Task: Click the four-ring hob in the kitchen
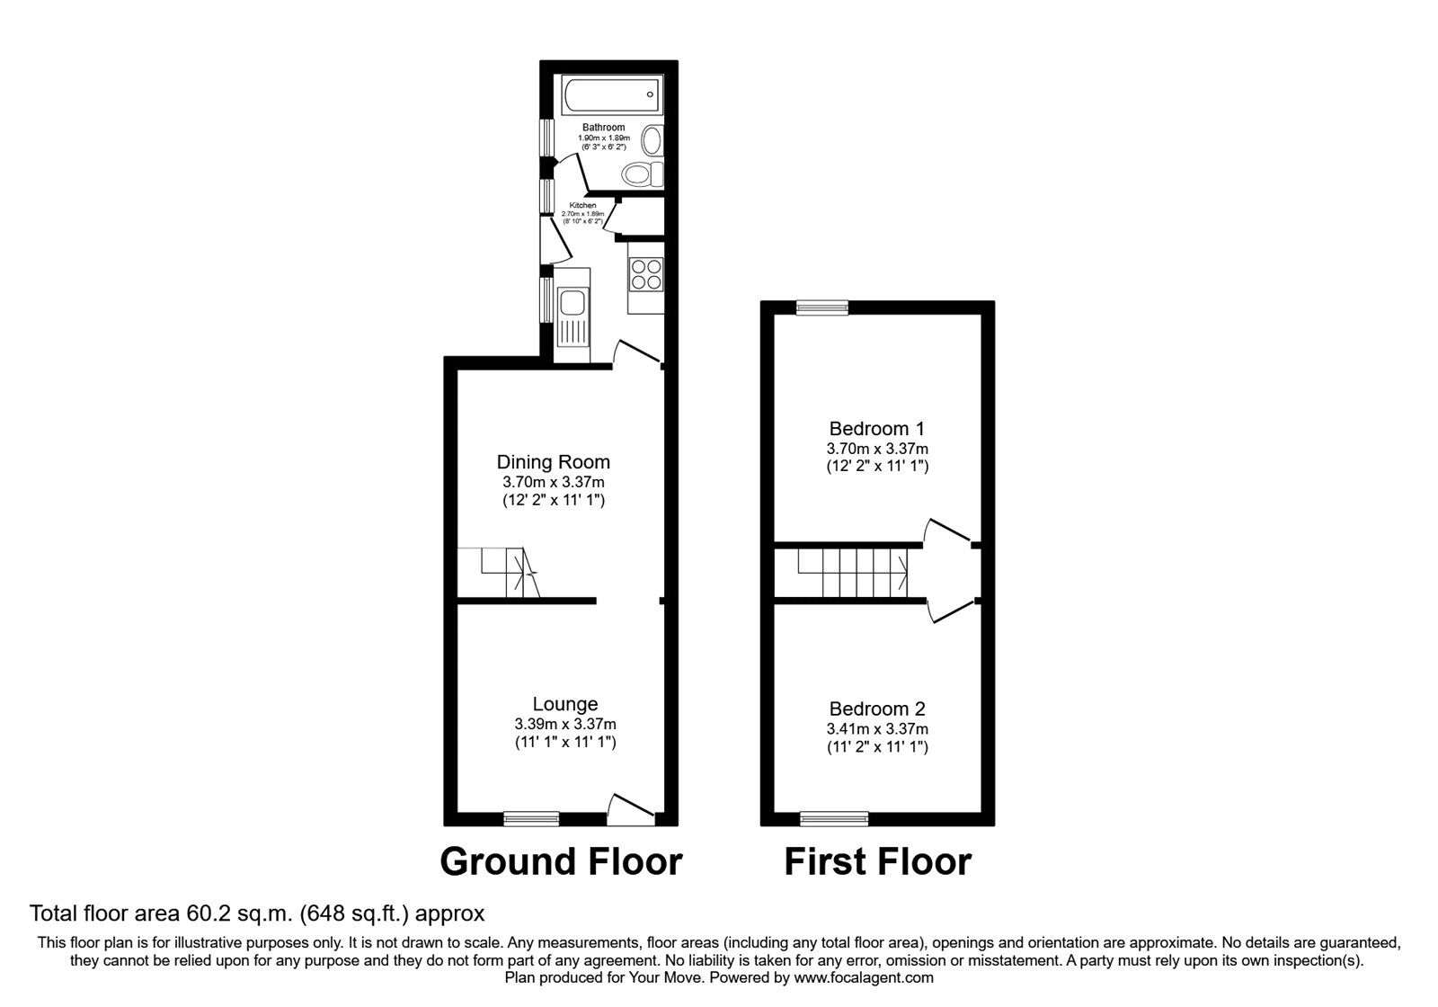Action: coord(646,273)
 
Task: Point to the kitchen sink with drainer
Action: coord(571,319)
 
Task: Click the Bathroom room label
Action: coord(603,128)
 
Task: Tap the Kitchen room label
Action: coord(582,206)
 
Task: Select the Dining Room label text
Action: coord(553,462)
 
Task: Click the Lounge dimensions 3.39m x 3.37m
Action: coord(564,724)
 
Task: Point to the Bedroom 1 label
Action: coord(876,429)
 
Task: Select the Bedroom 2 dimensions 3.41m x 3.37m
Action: coord(877,729)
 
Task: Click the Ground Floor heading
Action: coord(561,861)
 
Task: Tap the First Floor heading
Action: coord(877,861)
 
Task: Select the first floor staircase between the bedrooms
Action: coord(853,573)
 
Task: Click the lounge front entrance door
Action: coord(631,810)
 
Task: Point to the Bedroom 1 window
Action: coord(822,307)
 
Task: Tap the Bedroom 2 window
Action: coord(834,818)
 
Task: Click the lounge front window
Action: coord(531,818)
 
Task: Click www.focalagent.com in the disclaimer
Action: coord(863,977)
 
